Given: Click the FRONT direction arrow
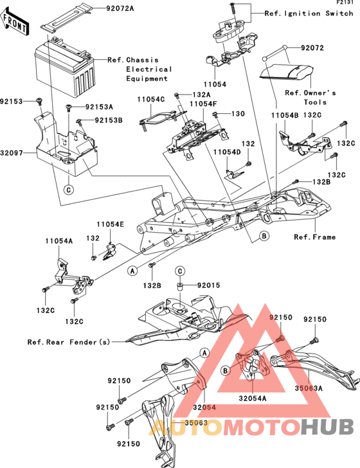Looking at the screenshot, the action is (x=15, y=22).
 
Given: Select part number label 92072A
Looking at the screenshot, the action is (x=120, y=8).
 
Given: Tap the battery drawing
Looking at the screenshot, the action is (x=65, y=66).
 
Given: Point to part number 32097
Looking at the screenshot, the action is (x=12, y=153).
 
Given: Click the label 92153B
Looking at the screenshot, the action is (x=109, y=120).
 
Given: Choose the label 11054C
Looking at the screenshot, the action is (x=151, y=100).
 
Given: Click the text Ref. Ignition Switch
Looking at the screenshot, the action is (x=309, y=14).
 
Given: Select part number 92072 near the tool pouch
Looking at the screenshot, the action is (x=312, y=48).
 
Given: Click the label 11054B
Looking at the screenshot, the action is (x=285, y=116).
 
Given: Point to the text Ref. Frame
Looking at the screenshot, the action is (x=314, y=237).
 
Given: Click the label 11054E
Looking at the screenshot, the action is (x=110, y=224).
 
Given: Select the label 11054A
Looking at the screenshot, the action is (x=59, y=241).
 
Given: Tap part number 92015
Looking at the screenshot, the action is (x=209, y=285).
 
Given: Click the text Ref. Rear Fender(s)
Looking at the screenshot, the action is (x=69, y=342).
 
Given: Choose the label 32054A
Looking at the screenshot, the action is (x=253, y=398).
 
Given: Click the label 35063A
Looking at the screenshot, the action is (x=309, y=388).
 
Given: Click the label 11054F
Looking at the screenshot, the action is (x=203, y=104).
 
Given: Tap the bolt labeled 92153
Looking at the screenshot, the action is (x=39, y=101).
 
